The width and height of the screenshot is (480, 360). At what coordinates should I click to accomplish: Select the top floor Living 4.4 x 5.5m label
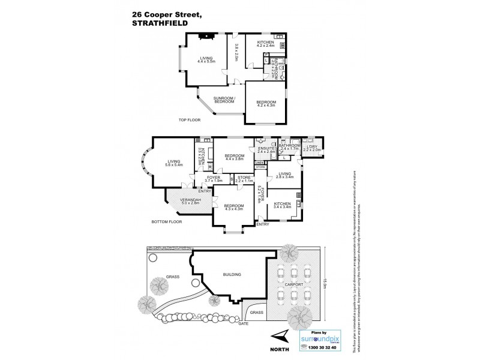point(206,59)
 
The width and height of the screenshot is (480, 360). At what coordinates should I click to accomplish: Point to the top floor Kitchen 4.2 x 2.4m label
point(266,44)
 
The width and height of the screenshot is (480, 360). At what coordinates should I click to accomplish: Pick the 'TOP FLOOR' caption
point(190,121)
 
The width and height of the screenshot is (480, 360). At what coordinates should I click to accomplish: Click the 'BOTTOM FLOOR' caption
point(167,221)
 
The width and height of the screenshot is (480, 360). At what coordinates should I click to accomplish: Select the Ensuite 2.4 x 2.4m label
point(266,150)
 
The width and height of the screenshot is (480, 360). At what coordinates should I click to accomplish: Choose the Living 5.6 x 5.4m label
point(175,163)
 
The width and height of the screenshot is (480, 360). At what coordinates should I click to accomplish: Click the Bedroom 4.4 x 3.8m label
point(235,157)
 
